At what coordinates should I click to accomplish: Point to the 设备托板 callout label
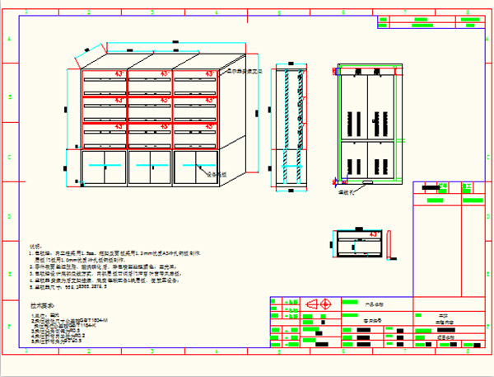click(x=216, y=174)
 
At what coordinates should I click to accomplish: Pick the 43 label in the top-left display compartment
click(x=119, y=75)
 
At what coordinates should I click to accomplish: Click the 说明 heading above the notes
click(x=35, y=246)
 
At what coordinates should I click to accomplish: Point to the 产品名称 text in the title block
click(x=375, y=304)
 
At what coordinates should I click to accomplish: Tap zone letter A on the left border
click(x=10, y=39)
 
